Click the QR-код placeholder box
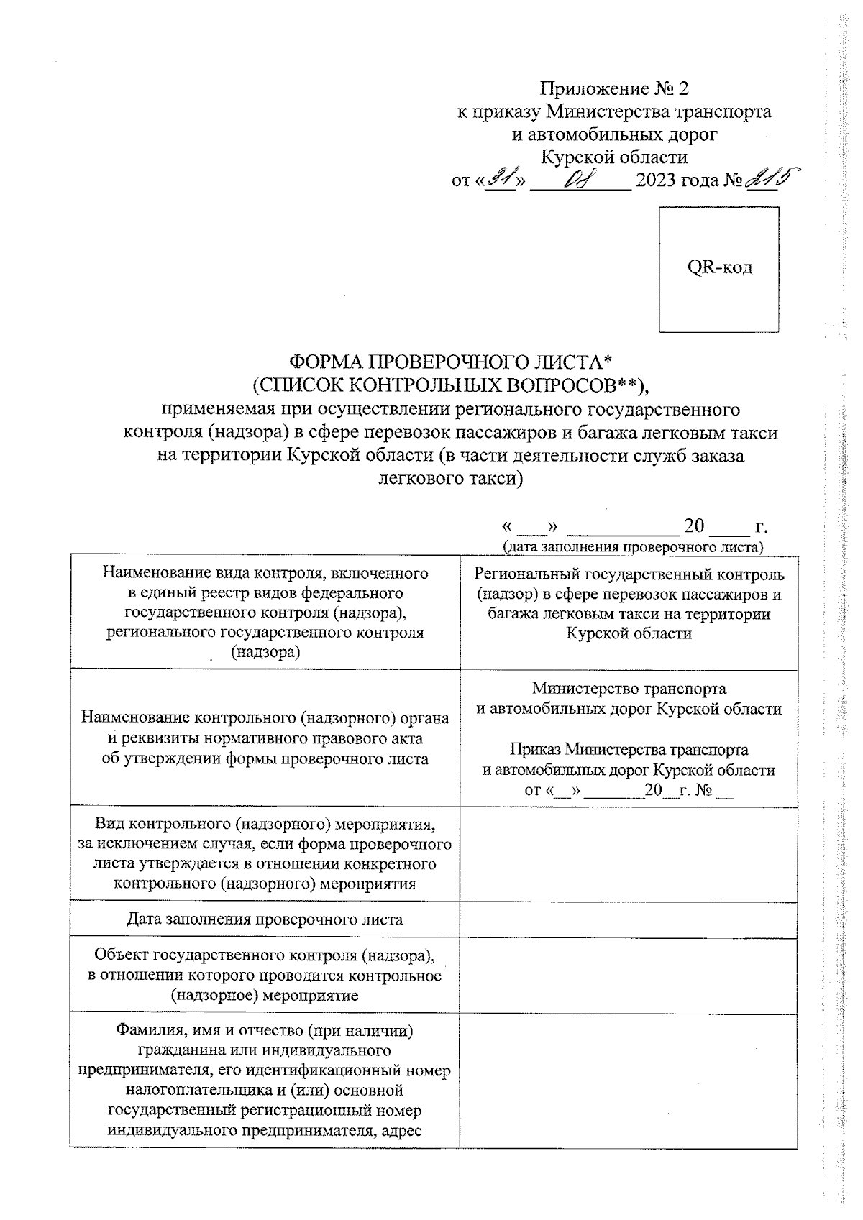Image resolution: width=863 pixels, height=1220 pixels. tap(718, 269)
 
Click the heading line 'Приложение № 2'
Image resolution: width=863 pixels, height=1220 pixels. tap(614, 88)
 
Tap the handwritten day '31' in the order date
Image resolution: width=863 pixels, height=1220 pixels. tap(501, 178)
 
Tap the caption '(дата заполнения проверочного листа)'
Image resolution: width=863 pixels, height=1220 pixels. tap(632, 546)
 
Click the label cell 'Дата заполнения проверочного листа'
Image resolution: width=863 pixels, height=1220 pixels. tap(265, 919)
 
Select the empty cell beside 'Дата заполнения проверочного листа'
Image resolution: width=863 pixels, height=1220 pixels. tap(629, 919)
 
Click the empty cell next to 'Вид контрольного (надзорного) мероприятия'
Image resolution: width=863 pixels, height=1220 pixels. tap(629, 853)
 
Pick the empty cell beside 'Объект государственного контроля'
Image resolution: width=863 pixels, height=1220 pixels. tap(629, 975)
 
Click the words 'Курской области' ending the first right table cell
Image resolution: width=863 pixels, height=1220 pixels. tap(629, 633)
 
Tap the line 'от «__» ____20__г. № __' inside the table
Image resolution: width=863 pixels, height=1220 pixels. tap(629, 791)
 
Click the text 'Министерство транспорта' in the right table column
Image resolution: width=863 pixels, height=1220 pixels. tap(629, 689)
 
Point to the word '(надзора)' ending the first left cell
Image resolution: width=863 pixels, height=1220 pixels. tap(265, 652)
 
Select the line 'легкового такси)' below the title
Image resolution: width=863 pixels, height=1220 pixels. tap(449, 478)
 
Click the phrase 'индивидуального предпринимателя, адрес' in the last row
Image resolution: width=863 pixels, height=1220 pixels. tap(265, 1129)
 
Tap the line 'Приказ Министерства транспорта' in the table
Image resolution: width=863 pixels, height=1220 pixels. tap(629, 750)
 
